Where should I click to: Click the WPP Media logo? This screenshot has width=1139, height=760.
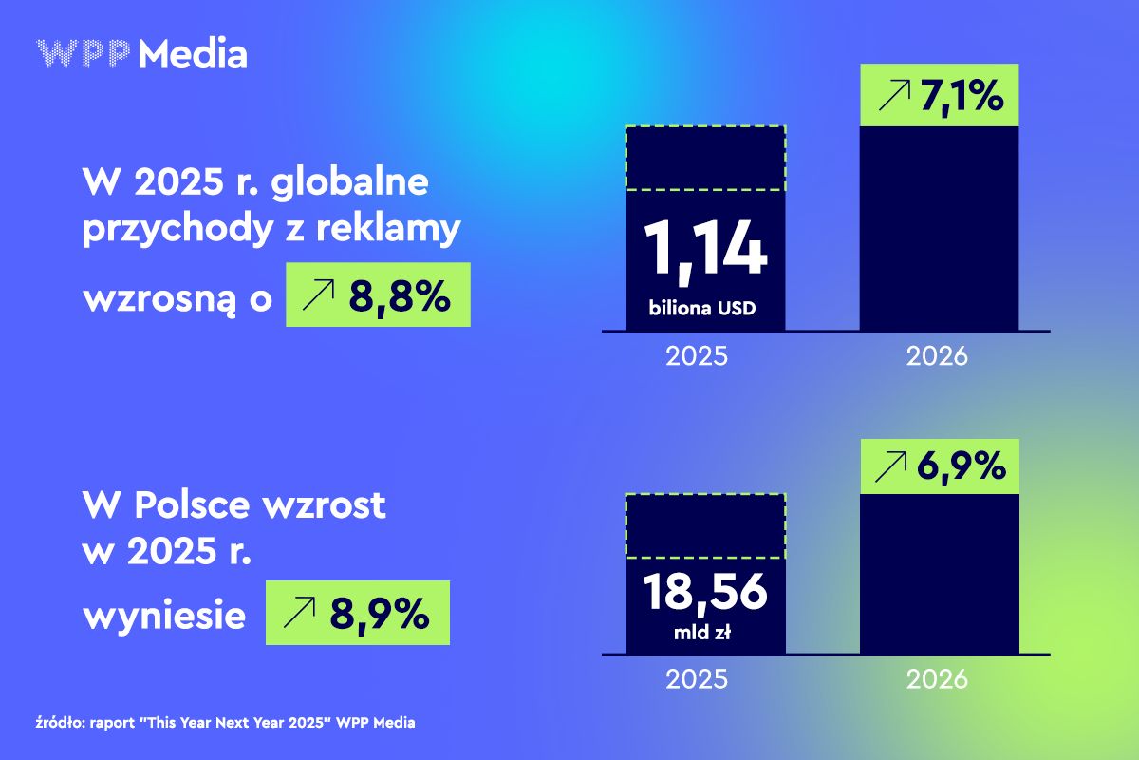tap(141, 54)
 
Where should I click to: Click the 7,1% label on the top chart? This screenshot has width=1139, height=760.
tap(962, 96)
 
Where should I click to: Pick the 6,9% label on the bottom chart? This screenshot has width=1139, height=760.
tap(962, 466)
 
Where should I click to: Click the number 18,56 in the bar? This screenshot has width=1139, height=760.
tap(704, 593)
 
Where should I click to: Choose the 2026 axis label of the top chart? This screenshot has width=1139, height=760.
tap(937, 357)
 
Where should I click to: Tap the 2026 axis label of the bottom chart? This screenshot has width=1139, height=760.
tap(937, 679)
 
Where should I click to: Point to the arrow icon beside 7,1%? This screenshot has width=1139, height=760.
tap(893, 96)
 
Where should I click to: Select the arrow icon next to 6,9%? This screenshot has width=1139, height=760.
tap(893, 466)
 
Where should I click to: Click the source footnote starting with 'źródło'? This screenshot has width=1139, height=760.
tap(225, 722)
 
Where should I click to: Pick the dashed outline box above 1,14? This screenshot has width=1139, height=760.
tap(704, 158)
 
